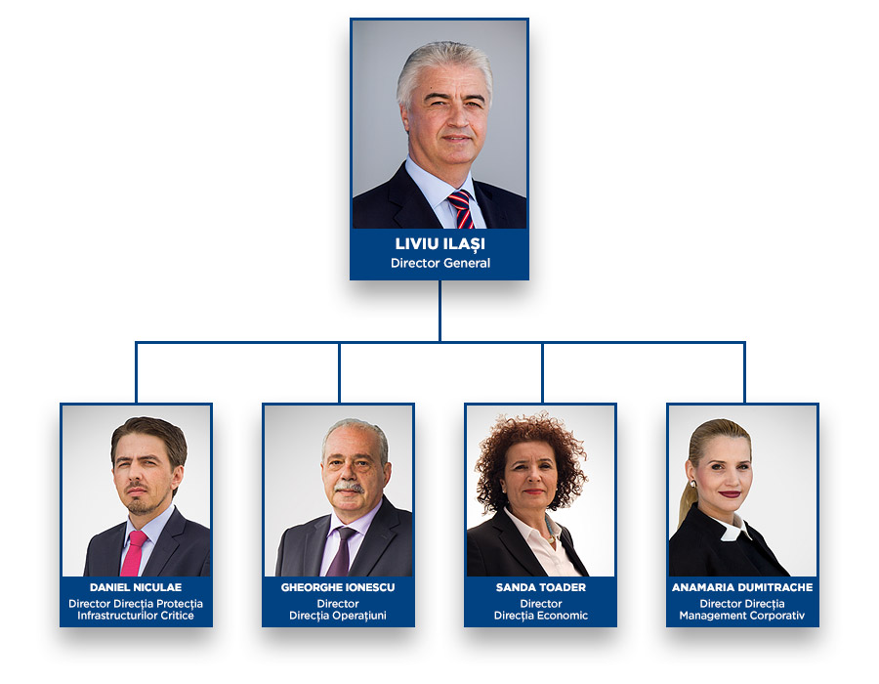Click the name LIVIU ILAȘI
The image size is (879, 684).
click(x=439, y=244)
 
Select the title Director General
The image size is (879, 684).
click(x=439, y=263)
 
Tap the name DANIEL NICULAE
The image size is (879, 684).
click(x=136, y=587)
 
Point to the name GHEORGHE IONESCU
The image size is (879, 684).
click(x=338, y=587)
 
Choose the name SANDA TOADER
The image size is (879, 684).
click(x=540, y=587)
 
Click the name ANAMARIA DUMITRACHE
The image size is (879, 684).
click(x=742, y=587)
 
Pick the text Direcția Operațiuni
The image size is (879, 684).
click(x=338, y=616)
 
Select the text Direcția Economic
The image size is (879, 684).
click(x=540, y=616)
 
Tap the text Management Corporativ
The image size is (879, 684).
click(x=742, y=616)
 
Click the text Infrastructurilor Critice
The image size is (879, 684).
click(x=136, y=616)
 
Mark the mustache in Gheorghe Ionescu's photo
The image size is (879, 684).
click(x=349, y=487)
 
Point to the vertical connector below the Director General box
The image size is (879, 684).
click(x=439, y=311)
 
